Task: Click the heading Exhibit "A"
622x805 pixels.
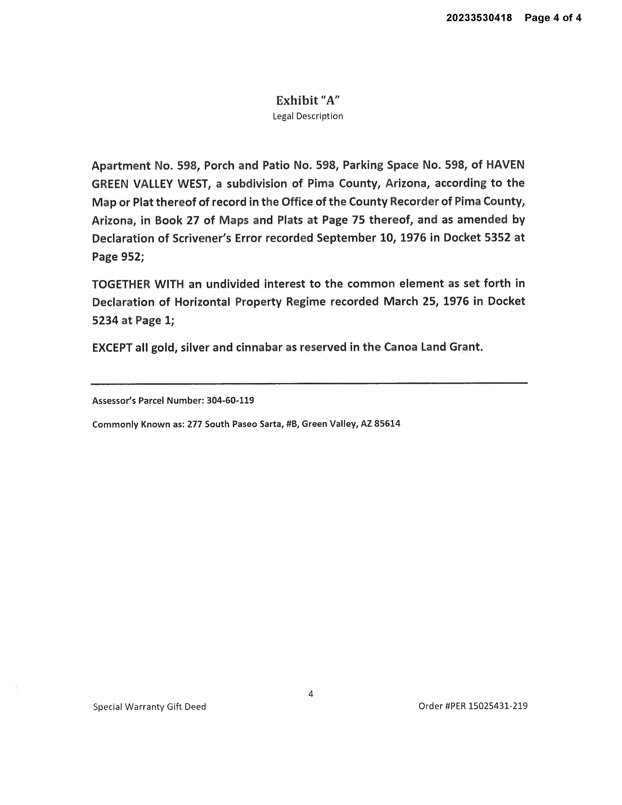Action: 308,100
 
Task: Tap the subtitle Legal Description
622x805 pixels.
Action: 308,116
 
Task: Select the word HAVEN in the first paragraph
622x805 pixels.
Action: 506,165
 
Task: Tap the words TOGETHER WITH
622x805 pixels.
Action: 138,284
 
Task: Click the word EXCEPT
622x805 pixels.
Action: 112,348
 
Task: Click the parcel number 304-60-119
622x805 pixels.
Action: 230,400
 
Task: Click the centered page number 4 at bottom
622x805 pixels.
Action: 311,694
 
